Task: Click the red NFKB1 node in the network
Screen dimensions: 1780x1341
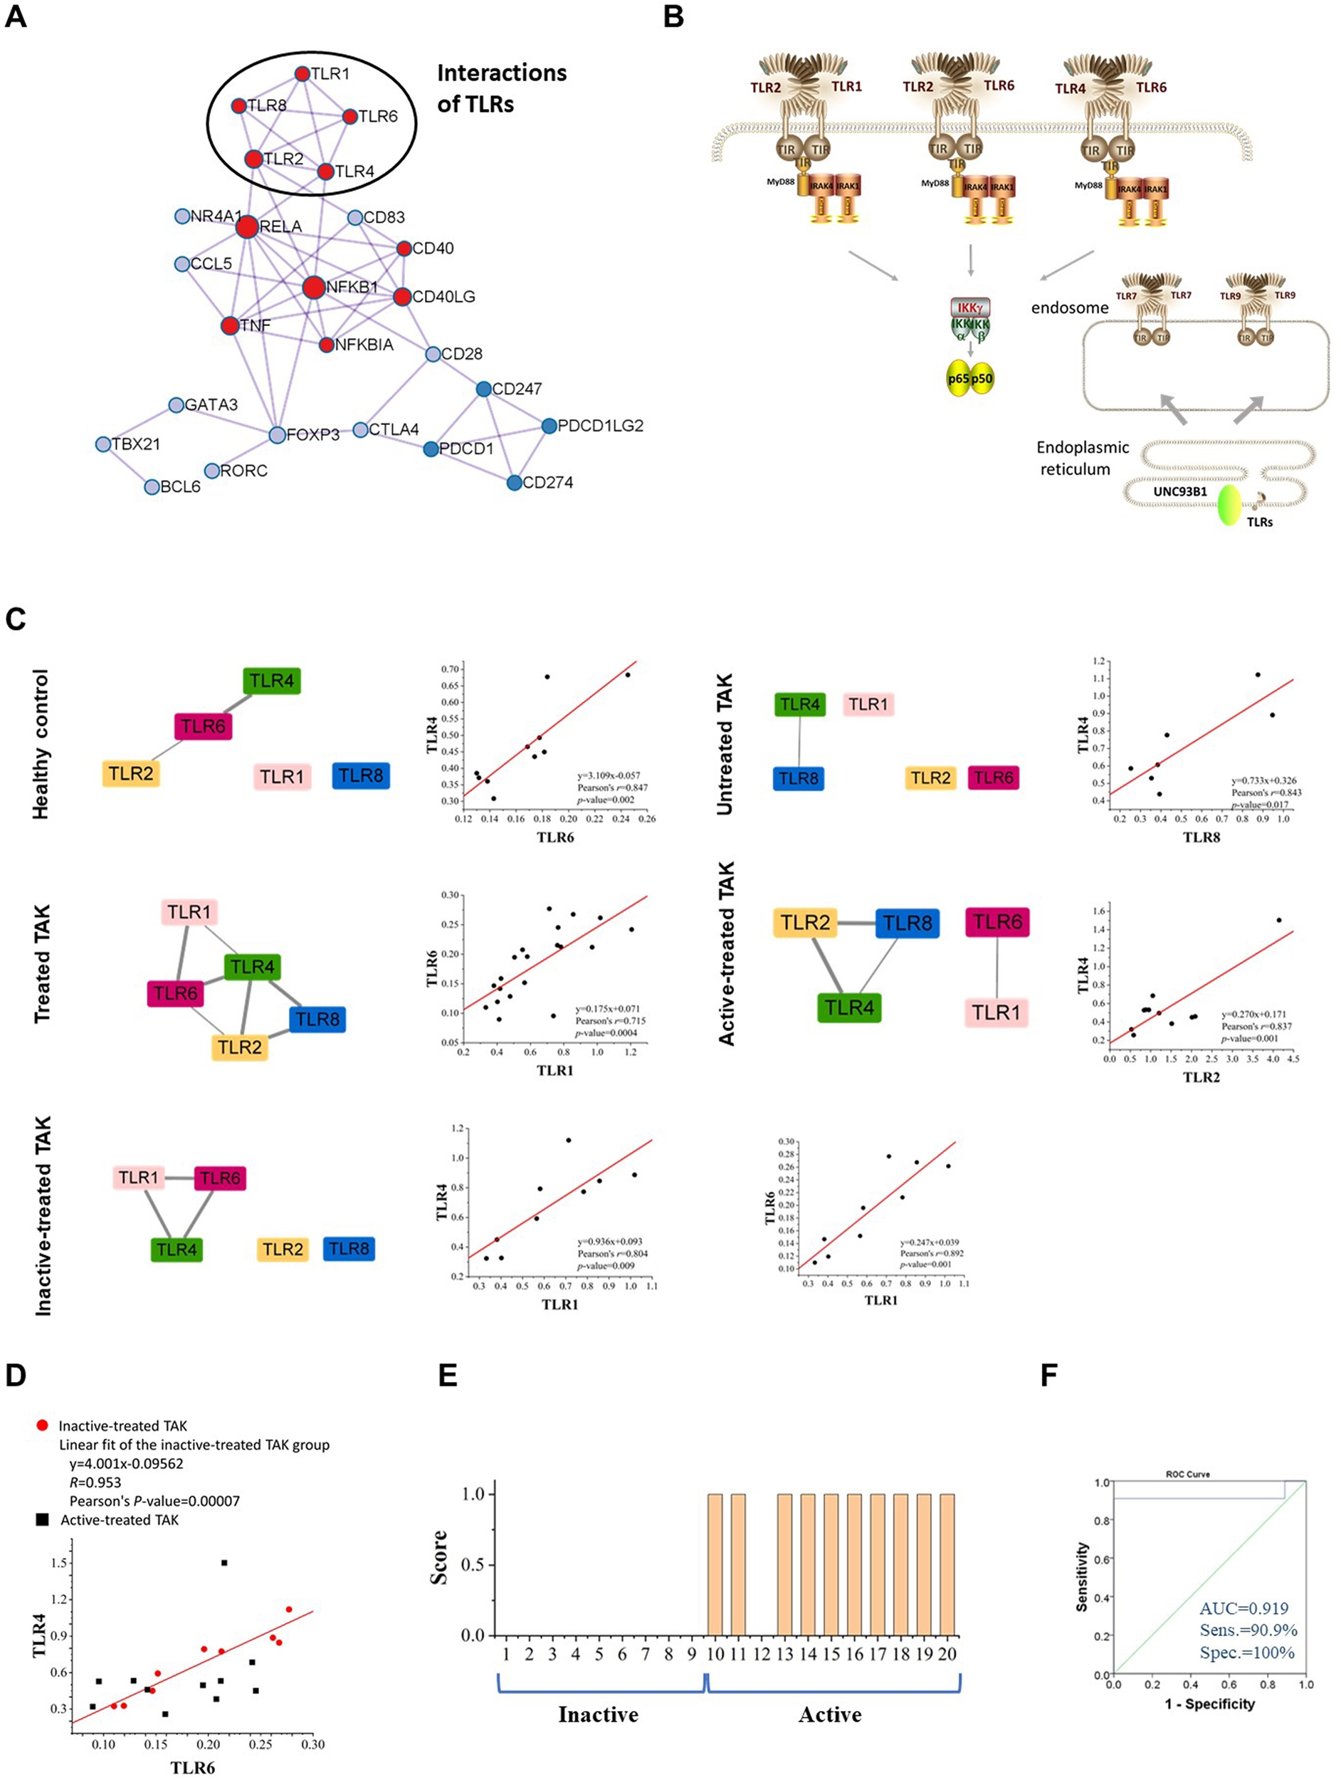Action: point(314,287)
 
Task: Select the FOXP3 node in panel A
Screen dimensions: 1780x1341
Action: point(277,434)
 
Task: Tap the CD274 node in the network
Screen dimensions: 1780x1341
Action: point(515,483)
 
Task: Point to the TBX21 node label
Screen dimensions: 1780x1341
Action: point(135,444)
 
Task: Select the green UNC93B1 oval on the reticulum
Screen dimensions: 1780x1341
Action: point(1229,506)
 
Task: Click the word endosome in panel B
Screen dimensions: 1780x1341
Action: point(1069,308)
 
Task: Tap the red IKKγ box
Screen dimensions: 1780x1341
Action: point(970,308)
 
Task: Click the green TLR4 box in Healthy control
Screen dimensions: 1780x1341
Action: point(271,681)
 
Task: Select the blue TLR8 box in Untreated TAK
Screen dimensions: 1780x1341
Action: point(798,778)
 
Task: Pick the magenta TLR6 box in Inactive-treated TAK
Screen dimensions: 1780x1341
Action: point(220,1178)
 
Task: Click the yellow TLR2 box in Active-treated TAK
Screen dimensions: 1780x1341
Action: point(804,923)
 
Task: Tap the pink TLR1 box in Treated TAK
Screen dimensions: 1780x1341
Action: point(189,913)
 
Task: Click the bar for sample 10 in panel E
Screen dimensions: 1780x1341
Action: point(715,1566)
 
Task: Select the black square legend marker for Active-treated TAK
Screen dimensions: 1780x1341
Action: point(43,1519)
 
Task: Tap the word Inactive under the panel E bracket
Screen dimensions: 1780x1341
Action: point(598,1714)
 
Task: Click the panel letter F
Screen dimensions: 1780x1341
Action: point(1048,1376)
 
